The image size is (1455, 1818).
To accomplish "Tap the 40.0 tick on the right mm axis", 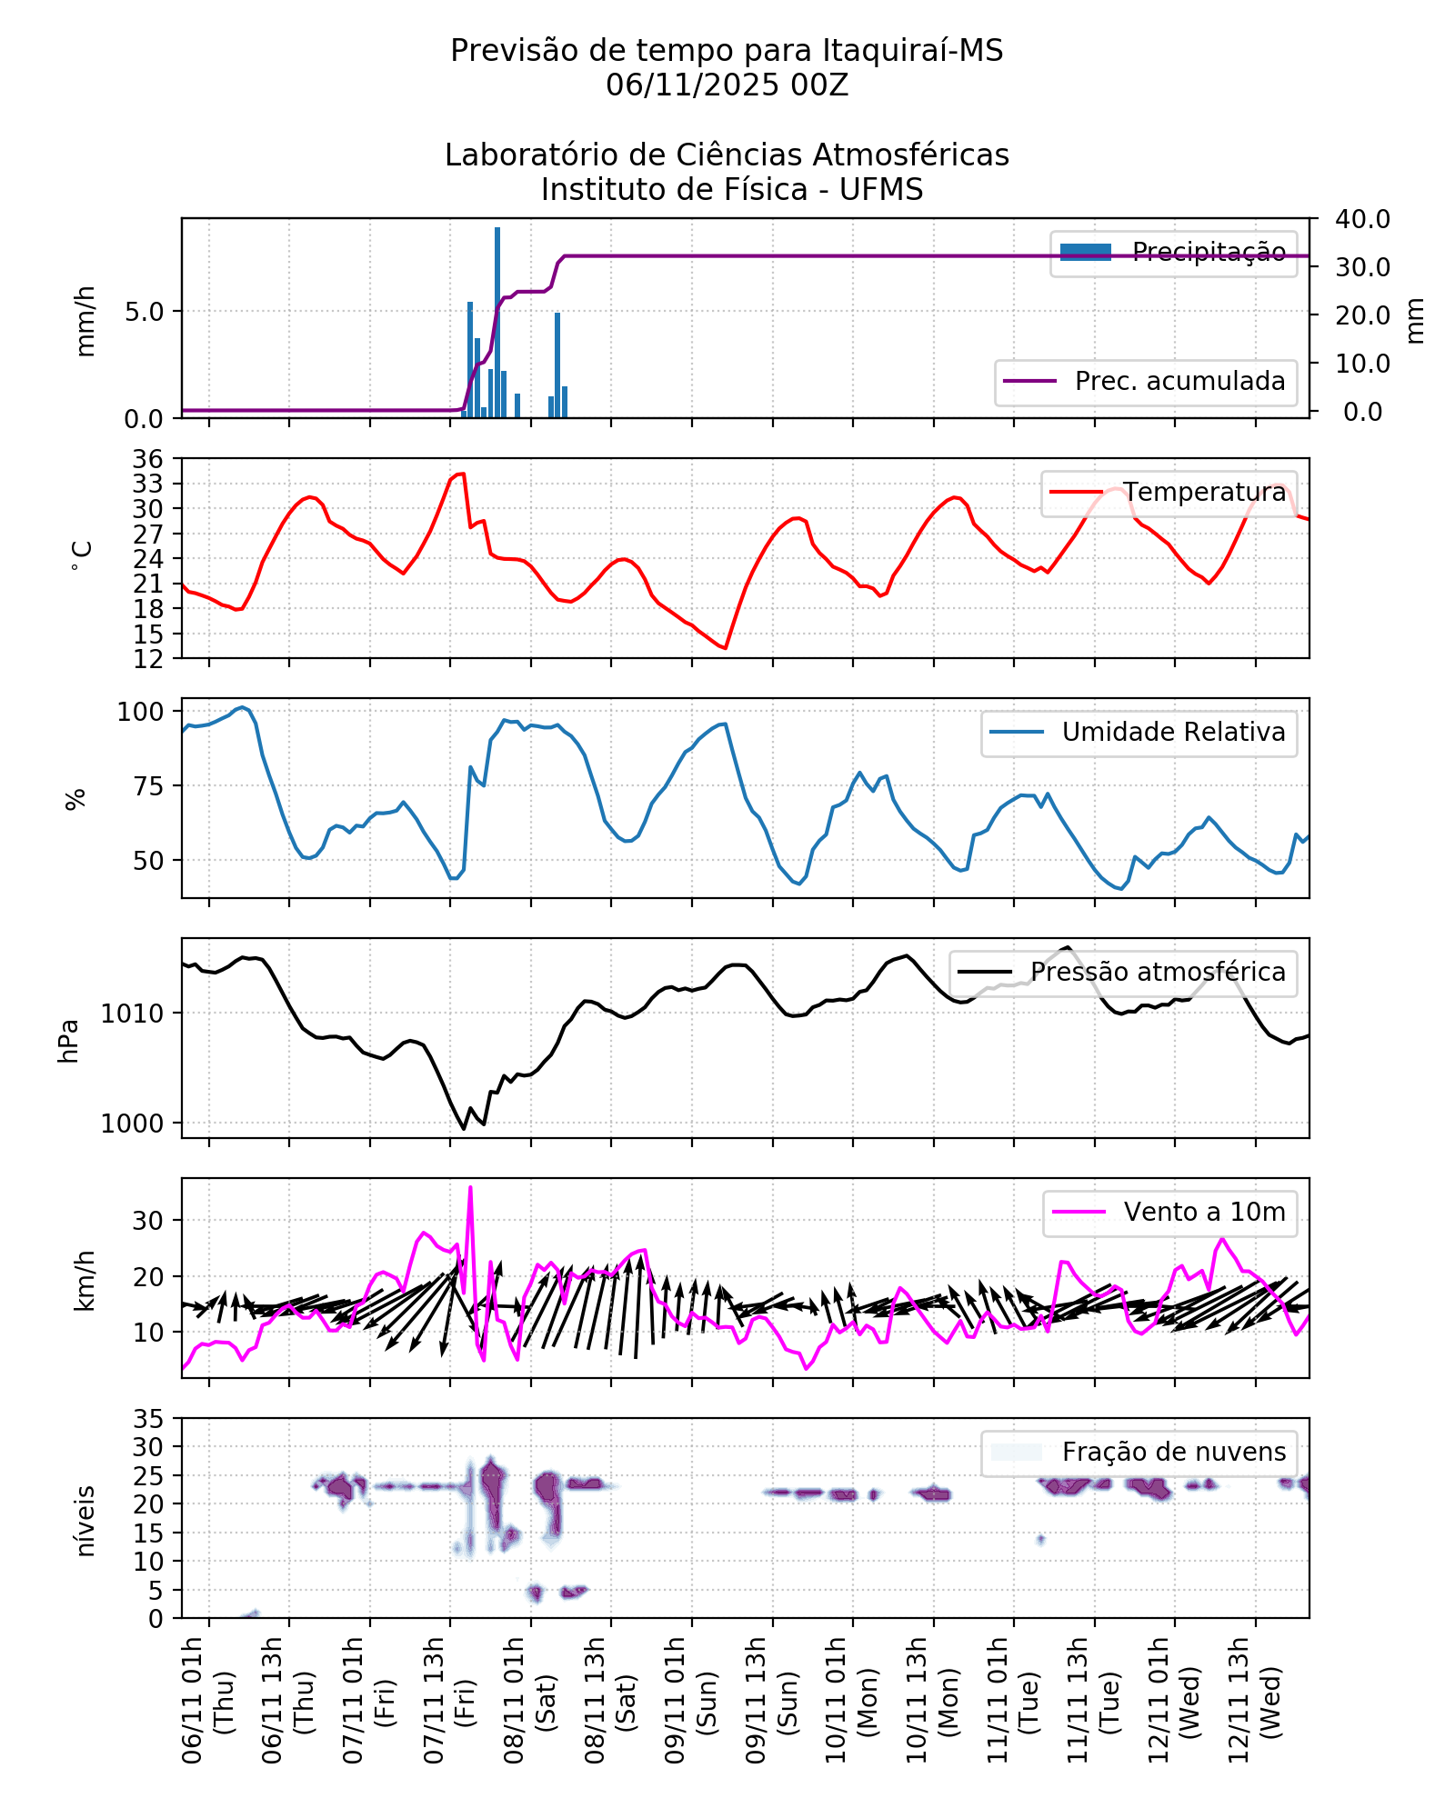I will pyautogui.click(x=1362, y=219).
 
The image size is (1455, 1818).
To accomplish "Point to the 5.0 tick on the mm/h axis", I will pyautogui.click(x=145, y=312).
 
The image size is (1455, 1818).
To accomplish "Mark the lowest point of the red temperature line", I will pyautogui.click(x=725, y=648).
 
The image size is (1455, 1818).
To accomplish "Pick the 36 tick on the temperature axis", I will pyautogui.click(x=148, y=459).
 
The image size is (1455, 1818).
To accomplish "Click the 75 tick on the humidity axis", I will pyautogui.click(x=148, y=786).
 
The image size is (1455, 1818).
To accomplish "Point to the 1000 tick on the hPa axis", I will pyautogui.click(x=133, y=1124).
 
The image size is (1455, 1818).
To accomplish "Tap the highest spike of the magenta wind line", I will pyautogui.click(x=470, y=1187).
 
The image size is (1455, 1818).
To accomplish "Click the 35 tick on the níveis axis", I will pyautogui.click(x=148, y=1419).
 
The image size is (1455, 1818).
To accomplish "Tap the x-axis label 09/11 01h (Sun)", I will pyautogui.click(x=691, y=1700).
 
